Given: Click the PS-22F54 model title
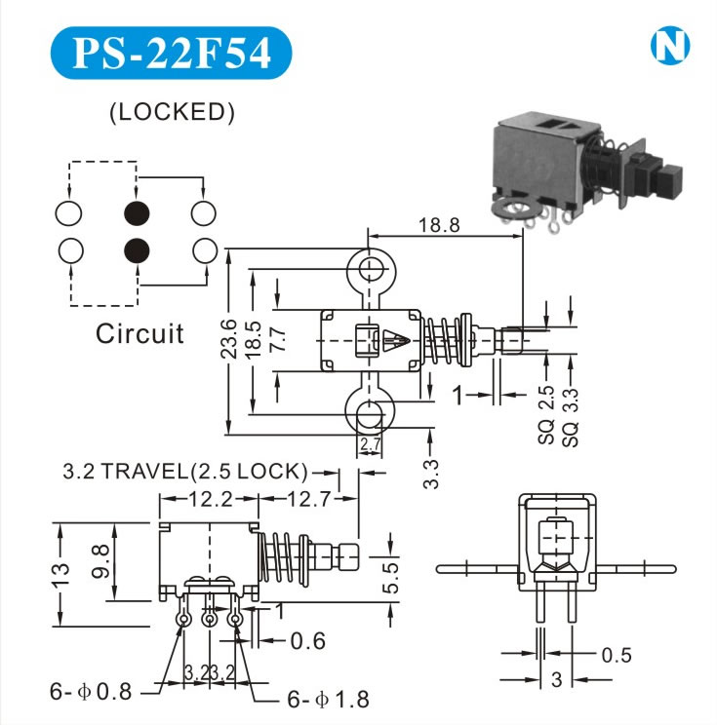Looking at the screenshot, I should pos(172,55).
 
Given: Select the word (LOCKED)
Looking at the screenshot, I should pos(172,112).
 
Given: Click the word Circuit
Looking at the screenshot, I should pos(139,334).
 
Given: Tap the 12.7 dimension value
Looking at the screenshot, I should pos(309,499).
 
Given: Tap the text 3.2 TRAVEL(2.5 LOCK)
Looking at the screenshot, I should pos(185,473).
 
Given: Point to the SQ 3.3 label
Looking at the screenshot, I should pos(572,416).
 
